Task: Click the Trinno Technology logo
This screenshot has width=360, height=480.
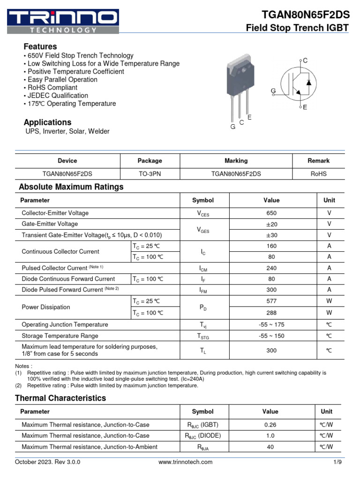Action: tap(63, 21)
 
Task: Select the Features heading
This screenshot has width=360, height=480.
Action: tap(40, 46)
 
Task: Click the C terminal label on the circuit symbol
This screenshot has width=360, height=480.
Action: tap(305, 60)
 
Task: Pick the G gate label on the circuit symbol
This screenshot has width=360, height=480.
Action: tap(273, 90)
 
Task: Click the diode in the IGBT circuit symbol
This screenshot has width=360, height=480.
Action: tap(308, 82)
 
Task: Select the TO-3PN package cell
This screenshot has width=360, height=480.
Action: tap(150, 173)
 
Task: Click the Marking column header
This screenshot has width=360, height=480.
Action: tap(236, 161)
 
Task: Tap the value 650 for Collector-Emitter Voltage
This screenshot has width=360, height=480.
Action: tap(271, 213)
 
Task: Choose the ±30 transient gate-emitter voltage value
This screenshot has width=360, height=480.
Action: tap(271, 235)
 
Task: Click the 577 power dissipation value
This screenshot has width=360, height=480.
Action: tap(271, 301)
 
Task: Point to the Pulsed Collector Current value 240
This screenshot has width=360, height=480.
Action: tap(271, 268)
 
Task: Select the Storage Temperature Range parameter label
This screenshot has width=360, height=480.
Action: tap(60, 336)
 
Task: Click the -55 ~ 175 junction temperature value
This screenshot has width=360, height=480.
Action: tap(271, 324)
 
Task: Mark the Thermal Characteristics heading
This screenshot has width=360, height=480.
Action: tap(60, 398)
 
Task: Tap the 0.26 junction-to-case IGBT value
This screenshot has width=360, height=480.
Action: tap(270, 425)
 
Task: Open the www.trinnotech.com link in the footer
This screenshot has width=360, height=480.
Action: tap(185, 462)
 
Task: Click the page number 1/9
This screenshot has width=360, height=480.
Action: tap(337, 462)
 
